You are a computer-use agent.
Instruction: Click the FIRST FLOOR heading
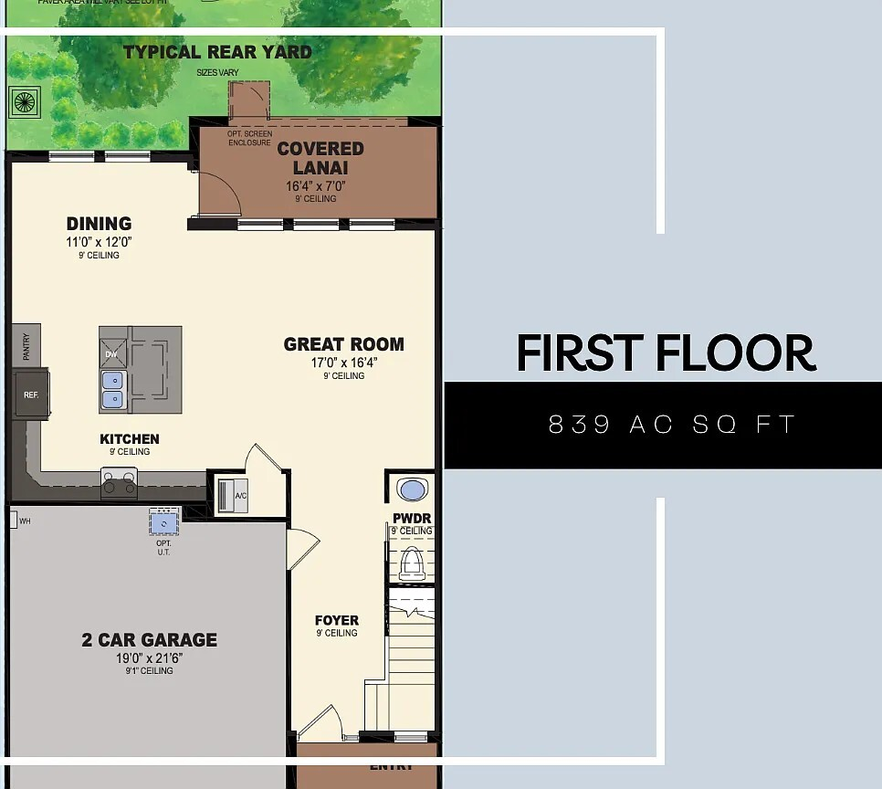click(x=666, y=352)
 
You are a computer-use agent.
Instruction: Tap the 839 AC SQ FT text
click(x=672, y=425)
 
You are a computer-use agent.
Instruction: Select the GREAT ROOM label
click(x=343, y=344)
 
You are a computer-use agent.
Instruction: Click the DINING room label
click(x=99, y=224)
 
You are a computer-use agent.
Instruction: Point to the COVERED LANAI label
click(x=320, y=158)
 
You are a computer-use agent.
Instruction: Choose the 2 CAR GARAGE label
click(x=150, y=640)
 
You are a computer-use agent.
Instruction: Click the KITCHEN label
click(x=130, y=439)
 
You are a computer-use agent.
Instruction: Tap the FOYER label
click(x=337, y=621)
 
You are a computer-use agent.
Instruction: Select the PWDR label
click(x=412, y=519)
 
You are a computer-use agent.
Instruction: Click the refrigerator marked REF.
click(x=29, y=394)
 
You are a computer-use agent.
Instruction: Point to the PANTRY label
click(x=26, y=345)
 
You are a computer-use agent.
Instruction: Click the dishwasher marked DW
click(x=111, y=353)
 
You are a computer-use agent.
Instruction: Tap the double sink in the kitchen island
click(x=113, y=389)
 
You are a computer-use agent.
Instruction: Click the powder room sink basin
click(x=413, y=490)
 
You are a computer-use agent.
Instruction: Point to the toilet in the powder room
click(x=413, y=562)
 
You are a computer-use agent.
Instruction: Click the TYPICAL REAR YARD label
click(x=217, y=52)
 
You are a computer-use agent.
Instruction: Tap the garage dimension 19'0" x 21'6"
click(x=150, y=657)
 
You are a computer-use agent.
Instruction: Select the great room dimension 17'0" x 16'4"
click(x=343, y=362)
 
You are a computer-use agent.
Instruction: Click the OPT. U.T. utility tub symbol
click(x=164, y=522)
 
